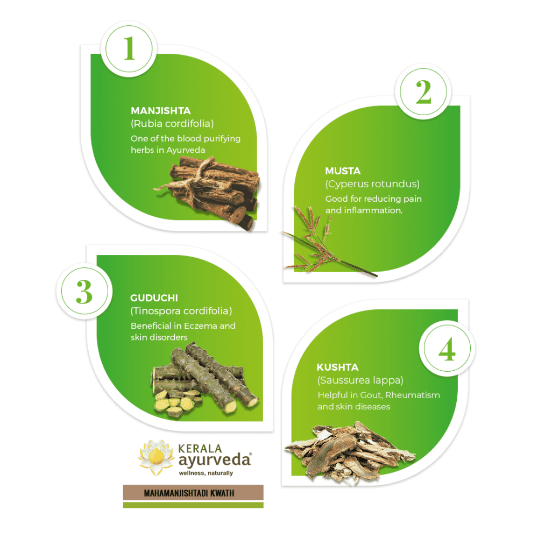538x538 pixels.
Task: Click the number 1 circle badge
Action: click(129, 49)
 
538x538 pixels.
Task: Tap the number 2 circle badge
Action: click(423, 91)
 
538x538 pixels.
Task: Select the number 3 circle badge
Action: click(84, 291)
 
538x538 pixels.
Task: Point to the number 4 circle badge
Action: click(447, 348)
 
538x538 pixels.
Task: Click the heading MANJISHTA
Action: click(160, 111)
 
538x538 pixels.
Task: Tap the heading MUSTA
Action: click(343, 171)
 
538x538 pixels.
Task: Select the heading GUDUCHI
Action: click(154, 298)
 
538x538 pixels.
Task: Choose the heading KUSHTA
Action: click(338, 367)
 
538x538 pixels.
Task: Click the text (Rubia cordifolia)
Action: click(172, 124)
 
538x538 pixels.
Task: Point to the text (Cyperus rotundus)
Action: click(372, 184)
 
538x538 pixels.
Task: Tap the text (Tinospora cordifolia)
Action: click(181, 311)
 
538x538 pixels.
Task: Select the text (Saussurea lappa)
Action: click(360, 380)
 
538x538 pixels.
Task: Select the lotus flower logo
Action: click(156, 457)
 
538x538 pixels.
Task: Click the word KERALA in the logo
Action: click(200, 449)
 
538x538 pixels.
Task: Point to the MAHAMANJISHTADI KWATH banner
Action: click(193, 493)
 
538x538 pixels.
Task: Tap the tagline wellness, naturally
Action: click(206, 473)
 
